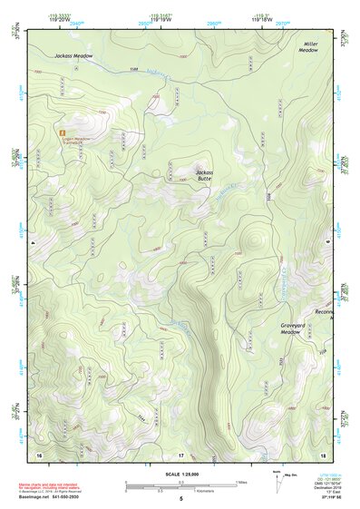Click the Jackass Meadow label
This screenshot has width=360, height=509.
point(73,56)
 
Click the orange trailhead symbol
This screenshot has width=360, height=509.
point(62,132)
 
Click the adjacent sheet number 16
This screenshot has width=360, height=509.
point(39,454)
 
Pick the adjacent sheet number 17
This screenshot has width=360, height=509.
point(180,454)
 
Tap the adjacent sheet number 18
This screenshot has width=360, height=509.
point(324,454)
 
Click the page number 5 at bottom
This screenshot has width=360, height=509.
point(180,498)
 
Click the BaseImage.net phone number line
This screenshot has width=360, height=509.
point(50,497)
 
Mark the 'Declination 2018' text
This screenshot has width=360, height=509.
point(325,487)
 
